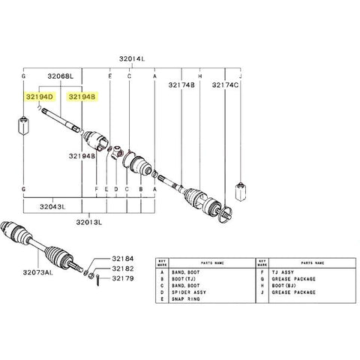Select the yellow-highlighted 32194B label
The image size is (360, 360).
[82, 97]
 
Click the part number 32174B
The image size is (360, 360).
[181, 86]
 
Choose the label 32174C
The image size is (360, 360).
[225, 86]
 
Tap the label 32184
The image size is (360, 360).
[123, 257]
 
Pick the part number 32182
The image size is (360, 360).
[123, 268]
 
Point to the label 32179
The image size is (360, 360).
[123, 278]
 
